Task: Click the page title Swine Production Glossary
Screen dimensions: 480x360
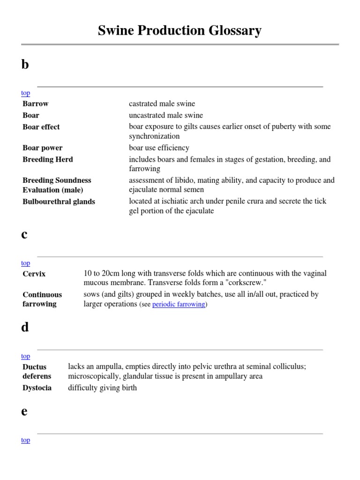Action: pos(180,31)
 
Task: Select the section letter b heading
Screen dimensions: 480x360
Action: pos(25,65)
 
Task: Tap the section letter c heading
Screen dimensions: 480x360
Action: pos(24,235)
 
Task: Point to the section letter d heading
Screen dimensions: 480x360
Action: pos(25,327)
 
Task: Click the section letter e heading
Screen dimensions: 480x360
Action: pos(24,411)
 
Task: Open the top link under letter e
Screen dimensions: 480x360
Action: pos(25,440)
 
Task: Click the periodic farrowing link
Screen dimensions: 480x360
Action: pos(179,304)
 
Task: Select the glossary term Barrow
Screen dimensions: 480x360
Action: pos(36,104)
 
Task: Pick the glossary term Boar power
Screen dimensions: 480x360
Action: pos(43,148)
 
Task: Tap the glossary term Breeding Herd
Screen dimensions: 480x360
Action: pos(48,159)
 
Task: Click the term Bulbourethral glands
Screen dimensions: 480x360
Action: pos(59,202)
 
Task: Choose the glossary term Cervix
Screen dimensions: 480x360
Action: pos(34,274)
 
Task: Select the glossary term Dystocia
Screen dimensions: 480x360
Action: pos(37,388)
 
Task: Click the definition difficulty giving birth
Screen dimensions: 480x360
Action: pos(102,388)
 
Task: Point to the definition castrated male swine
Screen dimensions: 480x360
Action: pos(162,104)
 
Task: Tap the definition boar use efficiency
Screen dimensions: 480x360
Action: pos(159,148)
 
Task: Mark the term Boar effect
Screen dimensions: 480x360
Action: pos(41,127)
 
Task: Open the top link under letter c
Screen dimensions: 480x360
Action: pos(25,263)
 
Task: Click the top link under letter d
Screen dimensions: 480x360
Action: pos(25,356)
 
